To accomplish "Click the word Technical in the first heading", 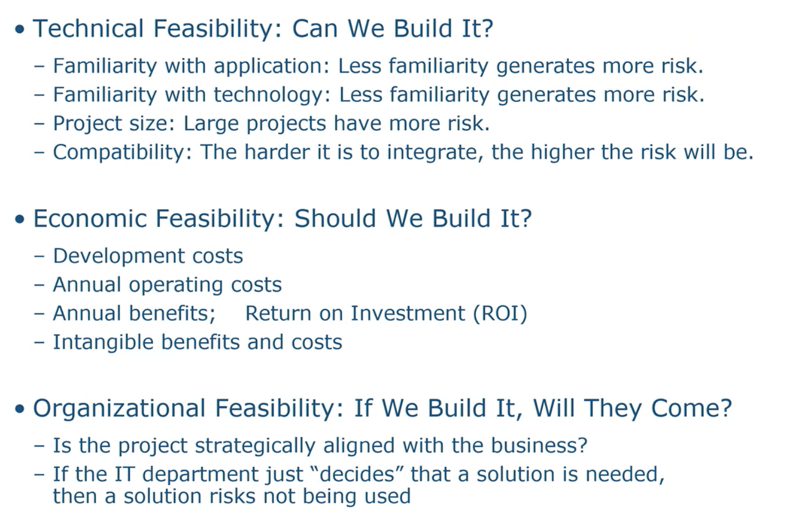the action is point(88,28).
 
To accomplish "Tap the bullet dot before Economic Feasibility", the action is point(20,219).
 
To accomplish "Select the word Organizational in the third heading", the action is point(119,409).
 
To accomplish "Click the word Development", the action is point(119,257).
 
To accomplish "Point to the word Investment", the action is point(408,313).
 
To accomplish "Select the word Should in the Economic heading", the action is point(335,218).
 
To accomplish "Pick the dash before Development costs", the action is point(39,257).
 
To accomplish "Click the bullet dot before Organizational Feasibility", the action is point(20,409).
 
